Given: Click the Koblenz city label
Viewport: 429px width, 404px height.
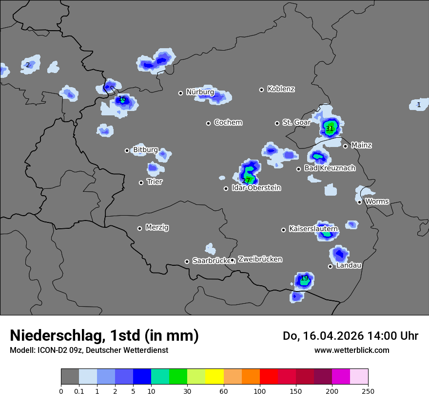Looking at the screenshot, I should click(x=281, y=89).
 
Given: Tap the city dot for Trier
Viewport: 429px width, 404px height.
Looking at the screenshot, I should click(x=141, y=183).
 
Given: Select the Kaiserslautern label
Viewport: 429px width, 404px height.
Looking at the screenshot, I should click(x=313, y=228).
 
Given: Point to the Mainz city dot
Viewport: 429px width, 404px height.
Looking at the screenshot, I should click(x=345, y=146).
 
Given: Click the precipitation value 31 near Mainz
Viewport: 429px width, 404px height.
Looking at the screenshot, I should click(x=330, y=129).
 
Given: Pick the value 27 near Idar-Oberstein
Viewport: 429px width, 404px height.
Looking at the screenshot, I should click(x=246, y=181).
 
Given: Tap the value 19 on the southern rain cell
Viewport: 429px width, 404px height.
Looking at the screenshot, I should click(x=305, y=278).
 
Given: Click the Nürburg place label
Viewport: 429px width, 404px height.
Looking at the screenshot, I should click(x=200, y=92).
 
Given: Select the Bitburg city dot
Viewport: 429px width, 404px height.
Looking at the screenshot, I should click(x=127, y=150).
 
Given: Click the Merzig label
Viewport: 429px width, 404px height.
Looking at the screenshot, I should click(x=157, y=227).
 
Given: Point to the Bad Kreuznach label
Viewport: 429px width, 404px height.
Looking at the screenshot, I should click(x=330, y=168).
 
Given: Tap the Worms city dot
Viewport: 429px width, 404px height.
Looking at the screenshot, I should click(x=359, y=202).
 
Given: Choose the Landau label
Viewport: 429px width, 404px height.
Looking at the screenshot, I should click(x=349, y=265).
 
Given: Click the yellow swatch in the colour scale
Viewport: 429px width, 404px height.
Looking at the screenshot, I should click(x=214, y=377).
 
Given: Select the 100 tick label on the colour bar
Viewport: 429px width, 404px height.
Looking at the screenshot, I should click(x=260, y=391).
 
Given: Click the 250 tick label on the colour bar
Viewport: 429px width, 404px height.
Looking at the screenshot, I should click(x=368, y=391).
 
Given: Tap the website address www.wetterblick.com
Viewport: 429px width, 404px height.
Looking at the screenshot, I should click(x=351, y=350).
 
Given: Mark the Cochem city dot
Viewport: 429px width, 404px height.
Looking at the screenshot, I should click(x=208, y=123).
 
